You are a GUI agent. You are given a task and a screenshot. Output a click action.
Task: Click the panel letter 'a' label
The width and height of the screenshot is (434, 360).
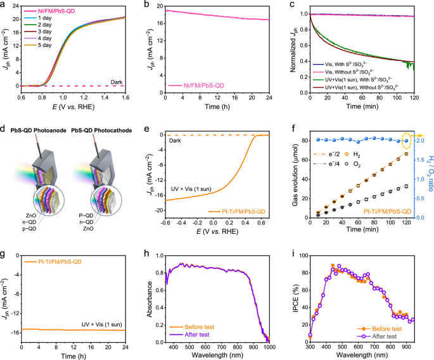tap(4, 5)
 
